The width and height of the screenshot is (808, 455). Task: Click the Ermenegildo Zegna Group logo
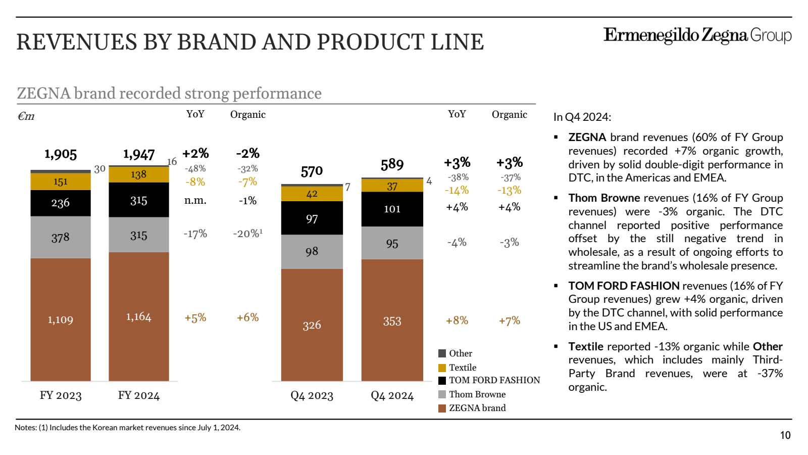(x=697, y=35)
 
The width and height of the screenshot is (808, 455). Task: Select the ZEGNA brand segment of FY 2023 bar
(x=61, y=320)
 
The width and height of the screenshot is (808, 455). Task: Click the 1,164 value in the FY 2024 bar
(x=138, y=317)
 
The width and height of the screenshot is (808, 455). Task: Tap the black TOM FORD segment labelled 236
(x=61, y=203)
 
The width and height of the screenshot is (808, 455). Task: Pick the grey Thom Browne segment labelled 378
(x=61, y=238)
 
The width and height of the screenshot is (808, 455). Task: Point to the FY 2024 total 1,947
(x=139, y=154)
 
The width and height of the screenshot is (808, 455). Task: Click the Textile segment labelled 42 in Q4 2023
(x=312, y=194)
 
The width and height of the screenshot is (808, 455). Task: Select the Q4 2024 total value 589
(x=392, y=164)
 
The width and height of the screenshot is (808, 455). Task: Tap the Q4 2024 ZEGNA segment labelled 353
(x=392, y=321)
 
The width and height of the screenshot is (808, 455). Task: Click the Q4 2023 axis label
(x=312, y=396)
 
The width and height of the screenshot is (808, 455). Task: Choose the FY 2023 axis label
(x=61, y=395)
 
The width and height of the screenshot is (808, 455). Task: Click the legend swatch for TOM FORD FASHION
(x=442, y=381)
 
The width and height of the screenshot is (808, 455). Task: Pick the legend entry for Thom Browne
(x=477, y=394)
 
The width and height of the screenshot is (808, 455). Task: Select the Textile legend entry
(x=462, y=368)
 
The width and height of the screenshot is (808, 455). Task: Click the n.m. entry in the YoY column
(x=195, y=200)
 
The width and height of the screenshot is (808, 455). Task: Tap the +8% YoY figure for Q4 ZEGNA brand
(x=457, y=321)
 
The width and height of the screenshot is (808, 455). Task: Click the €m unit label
(x=26, y=116)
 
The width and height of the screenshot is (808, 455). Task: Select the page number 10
(x=785, y=435)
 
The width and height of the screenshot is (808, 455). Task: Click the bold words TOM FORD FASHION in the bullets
(x=624, y=286)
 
